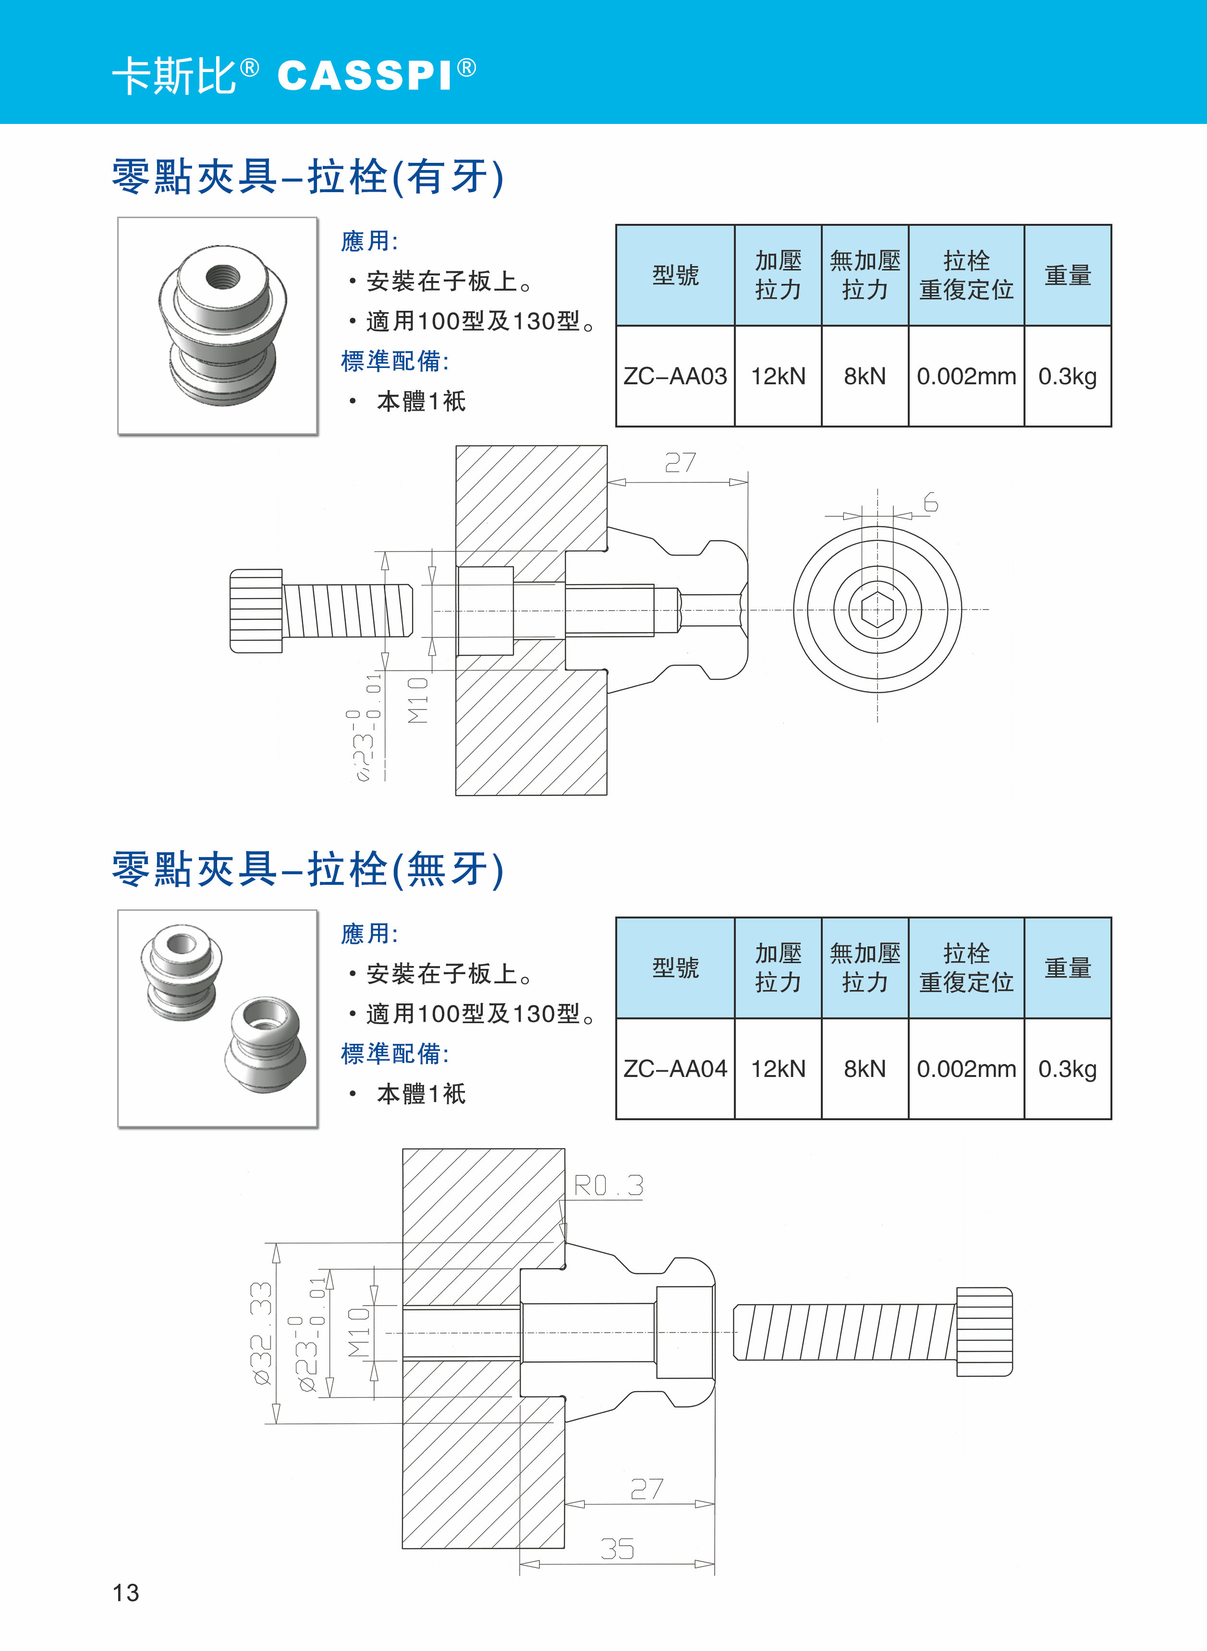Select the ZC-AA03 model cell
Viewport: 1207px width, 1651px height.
point(675,376)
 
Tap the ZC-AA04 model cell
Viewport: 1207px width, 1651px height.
point(675,1069)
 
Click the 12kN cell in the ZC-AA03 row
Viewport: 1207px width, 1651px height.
point(778,376)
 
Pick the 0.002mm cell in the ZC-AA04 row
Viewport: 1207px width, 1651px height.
point(966,1069)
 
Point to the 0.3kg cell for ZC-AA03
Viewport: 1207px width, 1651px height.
point(1067,376)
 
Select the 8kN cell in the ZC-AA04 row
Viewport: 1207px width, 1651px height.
point(865,1069)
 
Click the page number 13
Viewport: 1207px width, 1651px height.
point(126,1592)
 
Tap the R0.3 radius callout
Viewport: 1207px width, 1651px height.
point(608,1185)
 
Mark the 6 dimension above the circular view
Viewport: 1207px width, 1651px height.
point(930,502)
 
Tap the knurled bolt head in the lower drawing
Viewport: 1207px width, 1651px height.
point(984,1332)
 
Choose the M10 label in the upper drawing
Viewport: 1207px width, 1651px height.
point(418,700)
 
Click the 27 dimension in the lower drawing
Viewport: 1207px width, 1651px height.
point(646,1489)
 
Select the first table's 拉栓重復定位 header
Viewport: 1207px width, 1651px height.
point(966,275)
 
